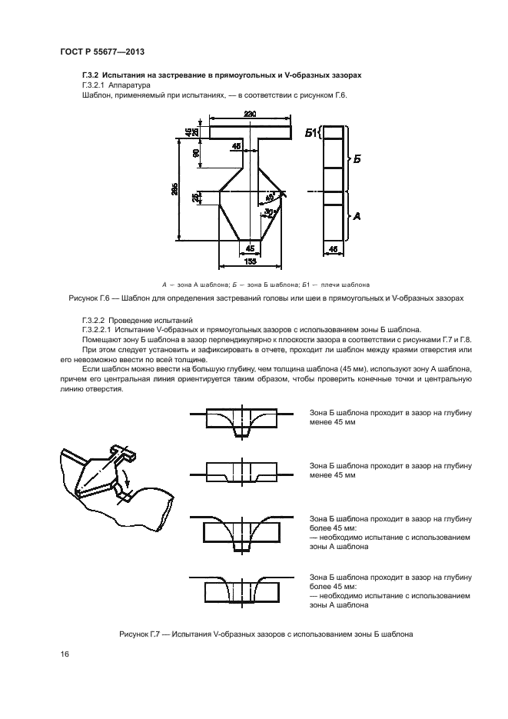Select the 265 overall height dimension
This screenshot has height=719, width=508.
click(x=176, y=191)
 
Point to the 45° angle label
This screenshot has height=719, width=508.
click(x=270, y=195)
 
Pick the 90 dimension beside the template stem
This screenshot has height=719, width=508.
click(x=197, y=153)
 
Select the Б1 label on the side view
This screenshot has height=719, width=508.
click(x=311, y=133)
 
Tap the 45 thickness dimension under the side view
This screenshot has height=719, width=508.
click(x=332, y=248)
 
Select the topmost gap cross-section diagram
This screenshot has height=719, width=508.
click(x=241, y=421)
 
